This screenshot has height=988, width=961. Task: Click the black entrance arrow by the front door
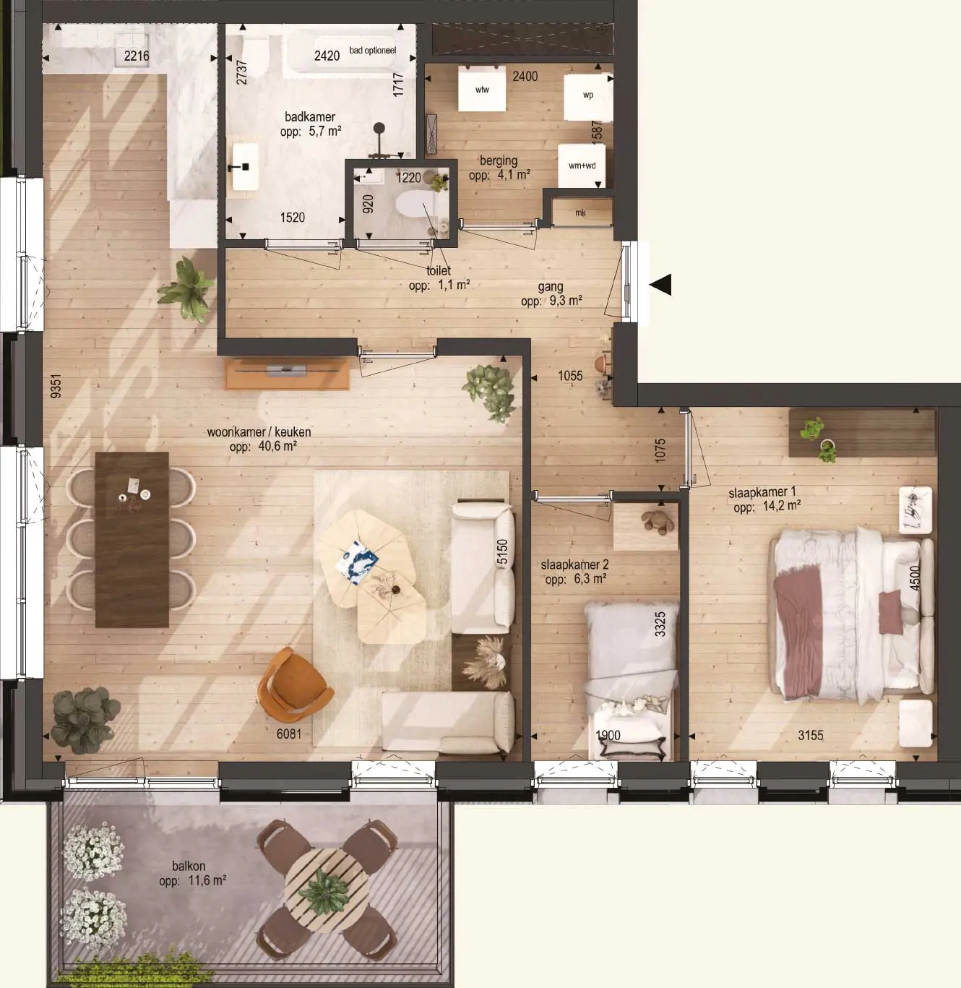[661, 284]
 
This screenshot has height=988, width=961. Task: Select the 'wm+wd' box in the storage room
[582, 166]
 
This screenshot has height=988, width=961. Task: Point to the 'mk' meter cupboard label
[580, 212]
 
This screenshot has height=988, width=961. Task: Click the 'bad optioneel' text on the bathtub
[373, 51]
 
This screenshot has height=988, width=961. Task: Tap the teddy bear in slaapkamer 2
[658, 522]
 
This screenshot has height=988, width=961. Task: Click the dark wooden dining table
[132, 540]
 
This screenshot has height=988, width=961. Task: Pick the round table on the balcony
[326, 891]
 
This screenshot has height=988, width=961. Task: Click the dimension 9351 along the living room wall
[56, 386]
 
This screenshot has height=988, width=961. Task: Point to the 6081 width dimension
[289, 734]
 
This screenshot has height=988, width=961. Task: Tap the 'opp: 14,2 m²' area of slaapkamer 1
[767, 507]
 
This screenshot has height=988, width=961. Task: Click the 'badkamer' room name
[310, 117]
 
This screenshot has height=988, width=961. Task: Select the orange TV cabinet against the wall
[288, 374]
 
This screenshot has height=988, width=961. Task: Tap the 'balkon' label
[189, 866]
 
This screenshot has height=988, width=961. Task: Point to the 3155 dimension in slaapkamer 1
[811, 735]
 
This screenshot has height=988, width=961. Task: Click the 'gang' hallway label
[551, 288]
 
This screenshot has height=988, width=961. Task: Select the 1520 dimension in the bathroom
[293, 218]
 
